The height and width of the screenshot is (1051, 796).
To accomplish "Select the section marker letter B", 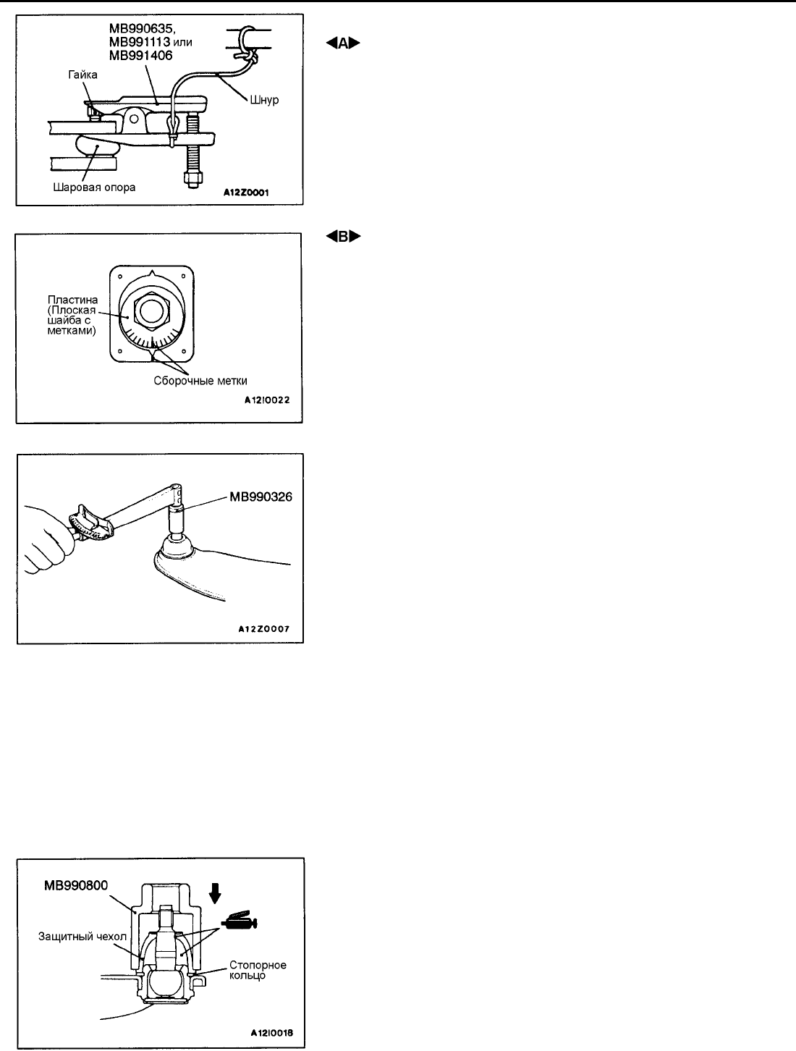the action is [x=342, y=237].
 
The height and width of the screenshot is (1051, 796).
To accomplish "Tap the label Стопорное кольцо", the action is [x=258, y=971].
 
